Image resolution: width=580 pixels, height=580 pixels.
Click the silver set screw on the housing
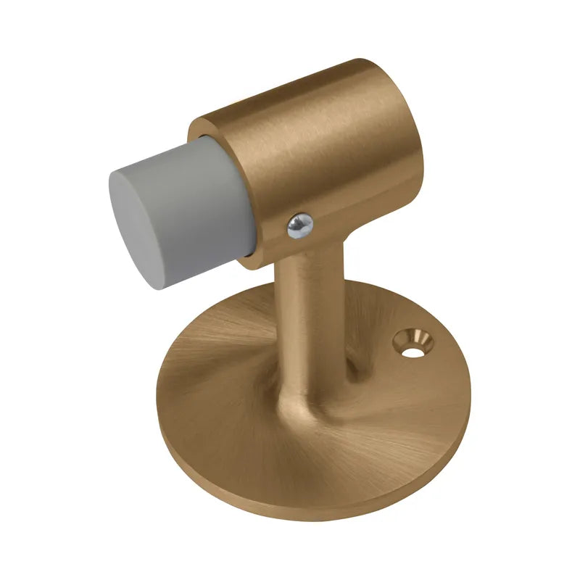click(x=300, y=227)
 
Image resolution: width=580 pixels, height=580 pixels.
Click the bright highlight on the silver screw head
click(x=297, y=224)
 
